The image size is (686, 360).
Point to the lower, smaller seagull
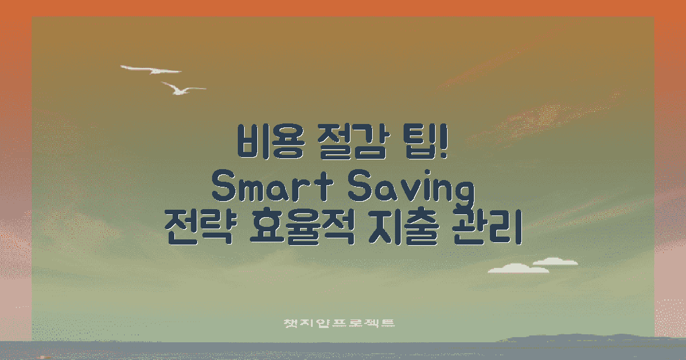pos(181,89)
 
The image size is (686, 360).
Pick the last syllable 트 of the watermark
pos(388,323)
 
